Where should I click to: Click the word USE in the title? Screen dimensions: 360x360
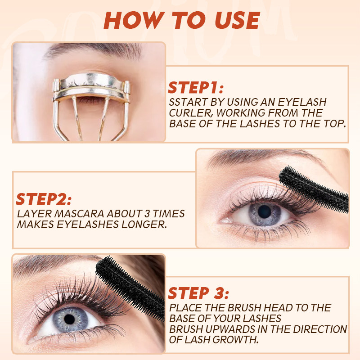click(x=237, y=20)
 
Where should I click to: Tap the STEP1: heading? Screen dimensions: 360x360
click(x=196, y=87)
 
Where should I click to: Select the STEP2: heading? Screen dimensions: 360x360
click(x=44, y=199)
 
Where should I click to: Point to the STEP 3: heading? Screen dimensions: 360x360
click(x=198, y=293)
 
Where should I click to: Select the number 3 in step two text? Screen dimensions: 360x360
click(x=147, y=213)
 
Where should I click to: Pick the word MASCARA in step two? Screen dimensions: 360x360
click(x=79, y=213)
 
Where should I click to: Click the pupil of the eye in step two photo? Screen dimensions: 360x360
click(x=265, y=211)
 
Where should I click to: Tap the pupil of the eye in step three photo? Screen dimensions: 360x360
click(x=69, y=319)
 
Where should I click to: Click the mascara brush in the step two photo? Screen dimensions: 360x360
click(x=314, y=189)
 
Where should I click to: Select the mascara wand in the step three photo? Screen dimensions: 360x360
click(x=130, y=288)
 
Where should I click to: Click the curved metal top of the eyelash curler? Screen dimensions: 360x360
click(x=92, y=81)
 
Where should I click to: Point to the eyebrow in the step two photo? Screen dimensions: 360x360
click(x=264, y=157)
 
